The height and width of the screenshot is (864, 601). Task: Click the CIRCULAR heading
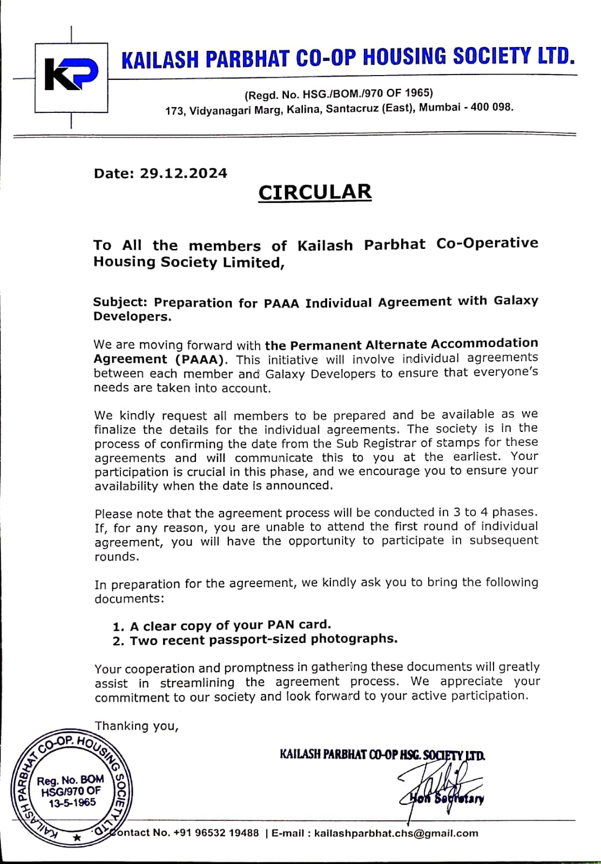pyautogui.click(x=315, y=192)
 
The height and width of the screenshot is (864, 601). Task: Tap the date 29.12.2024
pyautogui.click(x=184, y=173)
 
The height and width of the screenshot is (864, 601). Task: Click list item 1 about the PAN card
pyautogui.click(x=222, y=625)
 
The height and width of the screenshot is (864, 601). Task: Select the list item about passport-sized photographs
pyautogui.click(x=255, y=640)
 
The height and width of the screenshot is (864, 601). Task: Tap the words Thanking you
pyautogui.click(x=137, y=726)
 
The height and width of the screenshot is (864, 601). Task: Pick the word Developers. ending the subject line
pyautogui.click(x=132, y=316)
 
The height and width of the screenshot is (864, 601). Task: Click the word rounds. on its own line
pyautogui.click(x=117, y=557)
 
